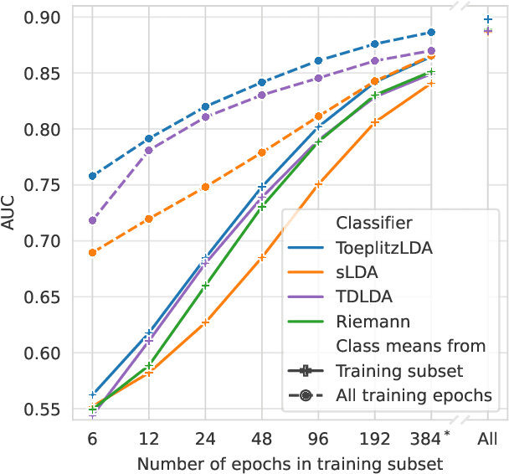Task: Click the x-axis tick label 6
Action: click(x=92, y=438)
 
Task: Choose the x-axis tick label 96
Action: click(x=318, y=438)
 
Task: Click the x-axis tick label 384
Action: click(x=430, y=438)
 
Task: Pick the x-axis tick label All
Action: click(x=488, y=438)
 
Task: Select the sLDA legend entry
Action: click(x=356, y=272)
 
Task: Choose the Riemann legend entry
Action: click(x=367, y=321)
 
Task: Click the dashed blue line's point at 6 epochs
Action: click(x=92, y=176)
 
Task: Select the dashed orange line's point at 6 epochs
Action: click(x=92, y=252)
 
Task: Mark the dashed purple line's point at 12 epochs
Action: click(x=149, y=151)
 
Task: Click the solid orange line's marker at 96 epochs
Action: click(x=318, y=183)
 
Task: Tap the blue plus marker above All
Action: click(x=488, y=18)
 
